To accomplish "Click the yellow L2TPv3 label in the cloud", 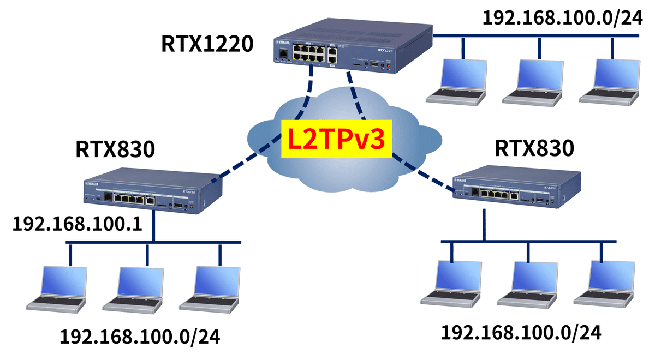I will pyautogui.click(x=336, y=139).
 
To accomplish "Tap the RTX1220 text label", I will pyautogui.click(x=207, y=44).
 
